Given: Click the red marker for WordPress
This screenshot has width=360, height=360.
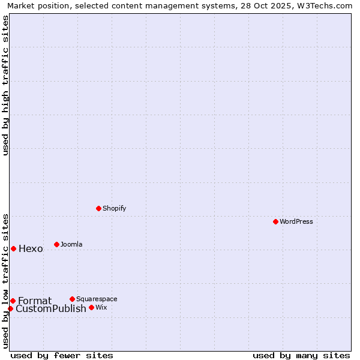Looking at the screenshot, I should pos(275,222).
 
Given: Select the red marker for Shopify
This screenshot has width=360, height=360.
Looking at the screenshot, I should pos(99,209).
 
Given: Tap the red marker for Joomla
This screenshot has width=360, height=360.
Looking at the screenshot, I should pos(56,244).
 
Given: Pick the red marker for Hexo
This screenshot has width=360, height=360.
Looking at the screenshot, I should pos(13,248).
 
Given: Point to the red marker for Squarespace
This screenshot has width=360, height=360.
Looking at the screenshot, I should pos(72,299).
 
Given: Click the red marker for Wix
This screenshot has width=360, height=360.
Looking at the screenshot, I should pos(91,308).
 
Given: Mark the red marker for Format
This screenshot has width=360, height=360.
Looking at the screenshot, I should pos(13,301).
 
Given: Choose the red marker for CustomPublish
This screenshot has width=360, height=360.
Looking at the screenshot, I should pos(10,308).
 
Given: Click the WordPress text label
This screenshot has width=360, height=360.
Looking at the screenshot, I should pos(296,222).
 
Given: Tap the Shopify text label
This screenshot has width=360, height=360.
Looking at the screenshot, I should pos(115,209).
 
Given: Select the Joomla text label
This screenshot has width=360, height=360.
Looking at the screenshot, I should pos(71,244).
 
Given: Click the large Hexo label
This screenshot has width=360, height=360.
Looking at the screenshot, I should pos(31,249).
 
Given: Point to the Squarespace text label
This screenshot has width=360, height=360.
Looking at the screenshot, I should pos(97,299).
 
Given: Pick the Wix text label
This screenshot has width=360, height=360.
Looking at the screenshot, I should pos(101,308).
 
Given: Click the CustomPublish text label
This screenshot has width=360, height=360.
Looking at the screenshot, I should pos(51,309).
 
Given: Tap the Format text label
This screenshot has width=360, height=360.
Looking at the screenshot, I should pos(35,301).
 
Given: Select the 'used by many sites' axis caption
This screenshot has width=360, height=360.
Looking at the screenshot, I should pos(301,355).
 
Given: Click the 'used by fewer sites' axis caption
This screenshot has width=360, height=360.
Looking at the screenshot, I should pos(62,355).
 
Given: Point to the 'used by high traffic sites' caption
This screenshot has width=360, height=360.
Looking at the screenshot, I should pos(6,85).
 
